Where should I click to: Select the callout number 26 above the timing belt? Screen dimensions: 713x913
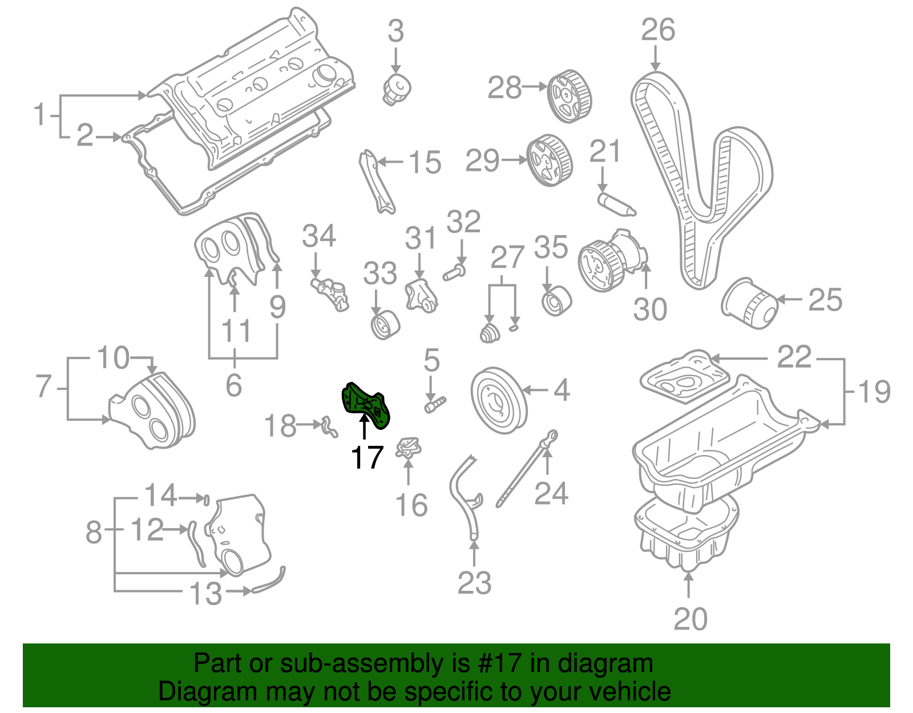pyautogui.click(x=657, y=30)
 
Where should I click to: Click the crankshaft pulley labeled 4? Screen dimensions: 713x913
pyautogui.click(x=498, y=400)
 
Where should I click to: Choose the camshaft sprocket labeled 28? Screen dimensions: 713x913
pyautogui.click(x=569, y=96)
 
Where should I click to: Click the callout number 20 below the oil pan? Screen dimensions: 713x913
pyautogui.click(x=690, y=619)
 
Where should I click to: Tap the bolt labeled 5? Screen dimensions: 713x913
pyautogui.click(x=435, y=405)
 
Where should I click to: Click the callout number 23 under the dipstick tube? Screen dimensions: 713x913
pyautogui.click(x=474, y=583)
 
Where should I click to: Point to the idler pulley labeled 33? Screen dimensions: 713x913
pyautogui.click(x=385, y=325)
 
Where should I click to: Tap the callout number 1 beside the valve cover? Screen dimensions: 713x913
pyautogui.click(x=39, y=115)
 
